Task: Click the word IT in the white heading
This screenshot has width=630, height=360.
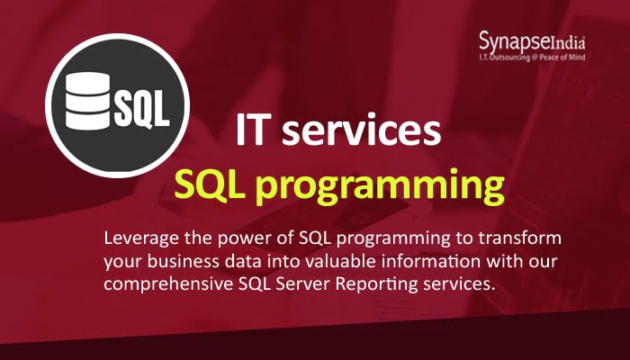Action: [x=255, y=132]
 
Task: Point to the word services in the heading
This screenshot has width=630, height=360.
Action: [x=369, y=132]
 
